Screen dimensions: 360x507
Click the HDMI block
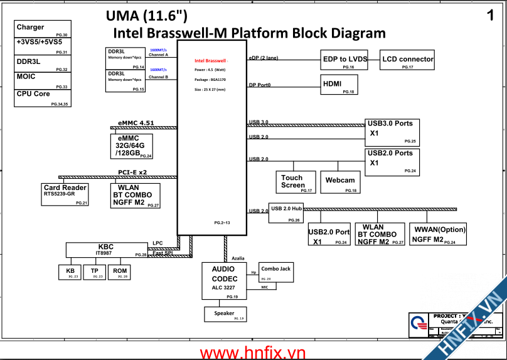coord(339,85)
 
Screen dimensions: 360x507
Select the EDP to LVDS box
coord(345,60)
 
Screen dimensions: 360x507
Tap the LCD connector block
coord(408,60)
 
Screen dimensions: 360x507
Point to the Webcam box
coord(340,182)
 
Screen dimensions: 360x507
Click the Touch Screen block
coord(292,182)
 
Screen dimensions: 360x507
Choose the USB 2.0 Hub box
coord(286,213)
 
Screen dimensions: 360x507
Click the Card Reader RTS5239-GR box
coord(65,194)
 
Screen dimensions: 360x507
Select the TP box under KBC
coord(94,272)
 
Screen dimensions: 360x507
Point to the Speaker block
coord(225,314)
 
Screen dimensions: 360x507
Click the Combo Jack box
coord(276,272)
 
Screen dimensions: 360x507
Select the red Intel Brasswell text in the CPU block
coord(210,61)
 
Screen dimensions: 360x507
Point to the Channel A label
coord(158,55)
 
